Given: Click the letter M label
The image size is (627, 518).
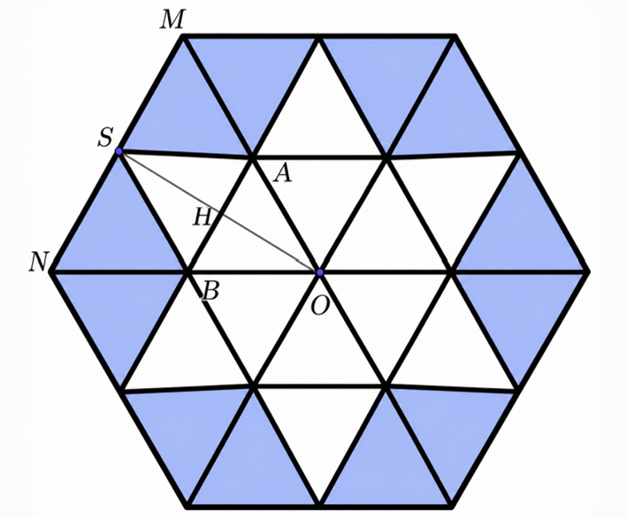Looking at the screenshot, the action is click(172, 20).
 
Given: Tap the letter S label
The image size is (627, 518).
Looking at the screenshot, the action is click(105, 137).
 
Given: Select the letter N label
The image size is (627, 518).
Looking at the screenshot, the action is click(39, 263).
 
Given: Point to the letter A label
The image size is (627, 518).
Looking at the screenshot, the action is click(282, 174).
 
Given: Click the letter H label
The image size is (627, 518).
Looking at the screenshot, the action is click(202, 217).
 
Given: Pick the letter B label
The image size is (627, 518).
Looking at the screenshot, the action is click(210, 290).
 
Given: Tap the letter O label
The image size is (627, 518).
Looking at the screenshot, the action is click(320, 307).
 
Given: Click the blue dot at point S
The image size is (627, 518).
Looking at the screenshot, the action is click(119, 151).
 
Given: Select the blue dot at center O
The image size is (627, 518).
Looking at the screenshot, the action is click(319, 272).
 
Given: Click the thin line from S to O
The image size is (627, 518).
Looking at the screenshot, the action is click(219, 212).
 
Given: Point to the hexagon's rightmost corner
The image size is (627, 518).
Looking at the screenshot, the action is click(588, 271).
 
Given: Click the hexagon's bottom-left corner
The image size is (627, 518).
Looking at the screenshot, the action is click(187, 507).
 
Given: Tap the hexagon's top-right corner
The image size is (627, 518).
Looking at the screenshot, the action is click(455, 36).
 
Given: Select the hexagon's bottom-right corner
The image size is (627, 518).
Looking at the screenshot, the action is click(451, 507).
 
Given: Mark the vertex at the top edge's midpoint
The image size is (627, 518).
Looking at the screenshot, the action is click(318, 37).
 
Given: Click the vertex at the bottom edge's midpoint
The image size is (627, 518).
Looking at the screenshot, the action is click(319, 506).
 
